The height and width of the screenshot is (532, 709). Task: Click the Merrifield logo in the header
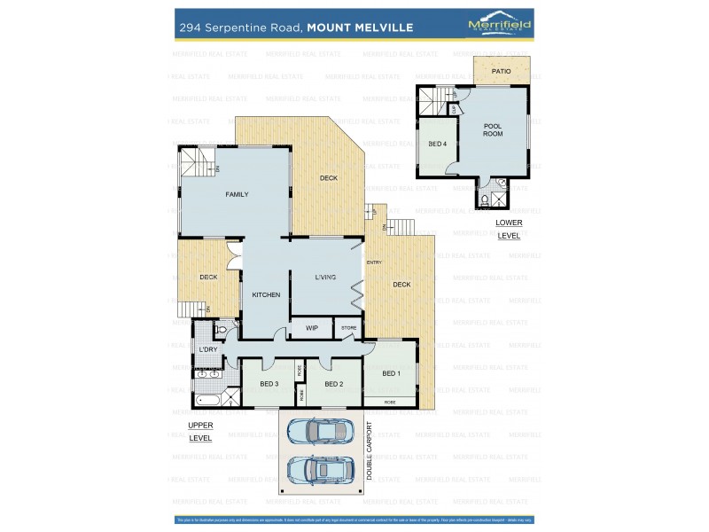[499, 25]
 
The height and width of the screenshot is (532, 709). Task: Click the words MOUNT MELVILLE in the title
[360, 27]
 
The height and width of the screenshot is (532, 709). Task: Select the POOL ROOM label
[493, 129]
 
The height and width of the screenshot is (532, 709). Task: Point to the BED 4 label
[437, 144]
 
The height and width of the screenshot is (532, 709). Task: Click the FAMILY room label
[237, 194]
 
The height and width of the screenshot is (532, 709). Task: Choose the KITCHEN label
[266, 294]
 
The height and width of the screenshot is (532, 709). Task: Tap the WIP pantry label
[311, 328]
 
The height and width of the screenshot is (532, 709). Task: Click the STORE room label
[349, 328]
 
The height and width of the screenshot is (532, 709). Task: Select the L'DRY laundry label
[208, 349]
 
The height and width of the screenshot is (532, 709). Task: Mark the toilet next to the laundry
[222, 330]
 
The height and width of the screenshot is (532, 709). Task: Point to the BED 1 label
[391, 373]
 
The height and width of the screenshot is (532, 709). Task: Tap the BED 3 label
[269, 384]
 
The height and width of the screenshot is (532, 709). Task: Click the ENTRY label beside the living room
[374, 262]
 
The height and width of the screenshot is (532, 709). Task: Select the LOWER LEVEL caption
[509, 229]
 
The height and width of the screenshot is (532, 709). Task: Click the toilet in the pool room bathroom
[485, 200]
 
